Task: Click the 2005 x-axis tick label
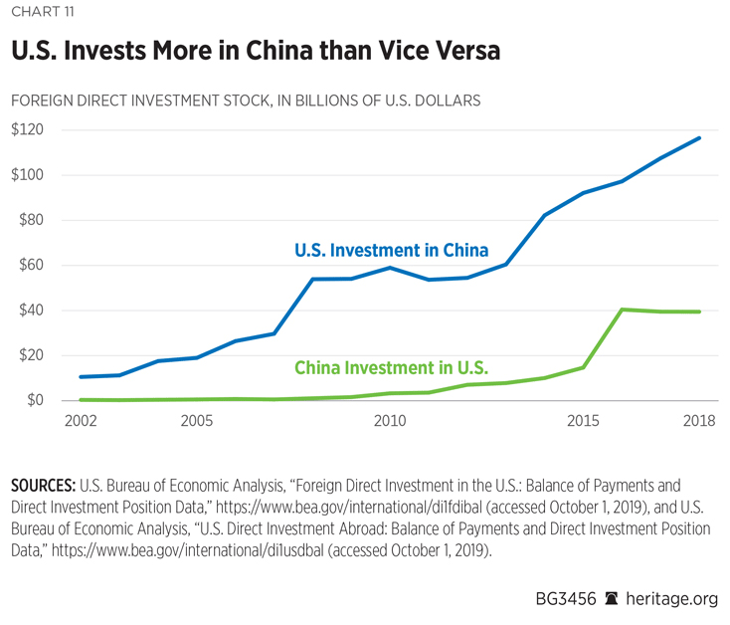point(197,421)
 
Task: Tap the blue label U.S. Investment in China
point(391,251)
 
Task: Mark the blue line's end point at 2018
point(699,137)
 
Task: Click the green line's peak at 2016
point(623,310)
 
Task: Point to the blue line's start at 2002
point(80,377)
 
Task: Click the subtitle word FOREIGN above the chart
point(42,101)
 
